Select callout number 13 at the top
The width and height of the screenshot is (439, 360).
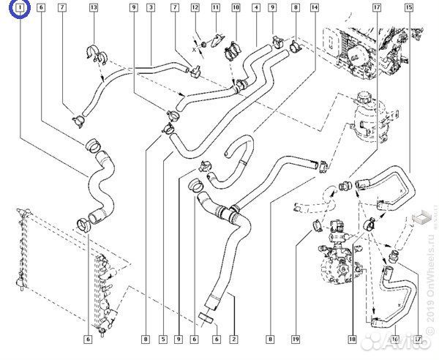93,8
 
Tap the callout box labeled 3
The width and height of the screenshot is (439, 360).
149,8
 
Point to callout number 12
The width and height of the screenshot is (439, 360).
195,8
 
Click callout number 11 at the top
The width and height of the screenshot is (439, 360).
215,8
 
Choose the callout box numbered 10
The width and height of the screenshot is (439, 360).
236,8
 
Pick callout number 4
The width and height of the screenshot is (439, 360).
255,8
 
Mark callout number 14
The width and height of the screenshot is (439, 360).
314,8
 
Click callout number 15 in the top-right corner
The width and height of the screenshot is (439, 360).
408,8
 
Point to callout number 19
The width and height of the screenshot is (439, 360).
296,339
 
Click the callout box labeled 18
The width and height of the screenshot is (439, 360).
352,339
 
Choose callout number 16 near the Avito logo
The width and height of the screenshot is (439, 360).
395,339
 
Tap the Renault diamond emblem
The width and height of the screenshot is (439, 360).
422,217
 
